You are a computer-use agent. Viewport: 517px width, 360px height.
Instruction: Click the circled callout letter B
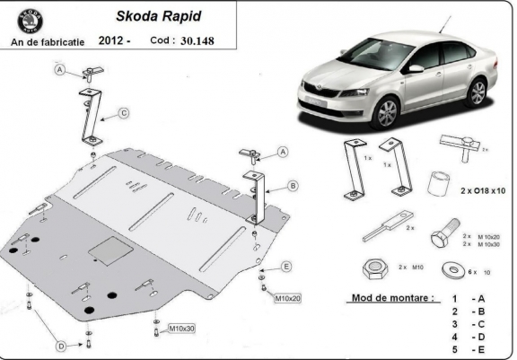(x=293, y=186)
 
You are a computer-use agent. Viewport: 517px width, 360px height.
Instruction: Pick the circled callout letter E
(x=286, y=266)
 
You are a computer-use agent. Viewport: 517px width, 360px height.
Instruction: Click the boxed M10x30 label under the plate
(x=182, y=329)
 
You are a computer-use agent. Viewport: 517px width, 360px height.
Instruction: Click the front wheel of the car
(x=388, y=113)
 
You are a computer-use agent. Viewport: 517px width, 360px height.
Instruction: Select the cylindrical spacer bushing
(x=439, y=182)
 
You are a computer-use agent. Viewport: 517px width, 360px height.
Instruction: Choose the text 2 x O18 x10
(x=483, y=191)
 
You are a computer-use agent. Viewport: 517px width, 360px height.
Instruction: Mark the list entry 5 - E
(x=469, y=349)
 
